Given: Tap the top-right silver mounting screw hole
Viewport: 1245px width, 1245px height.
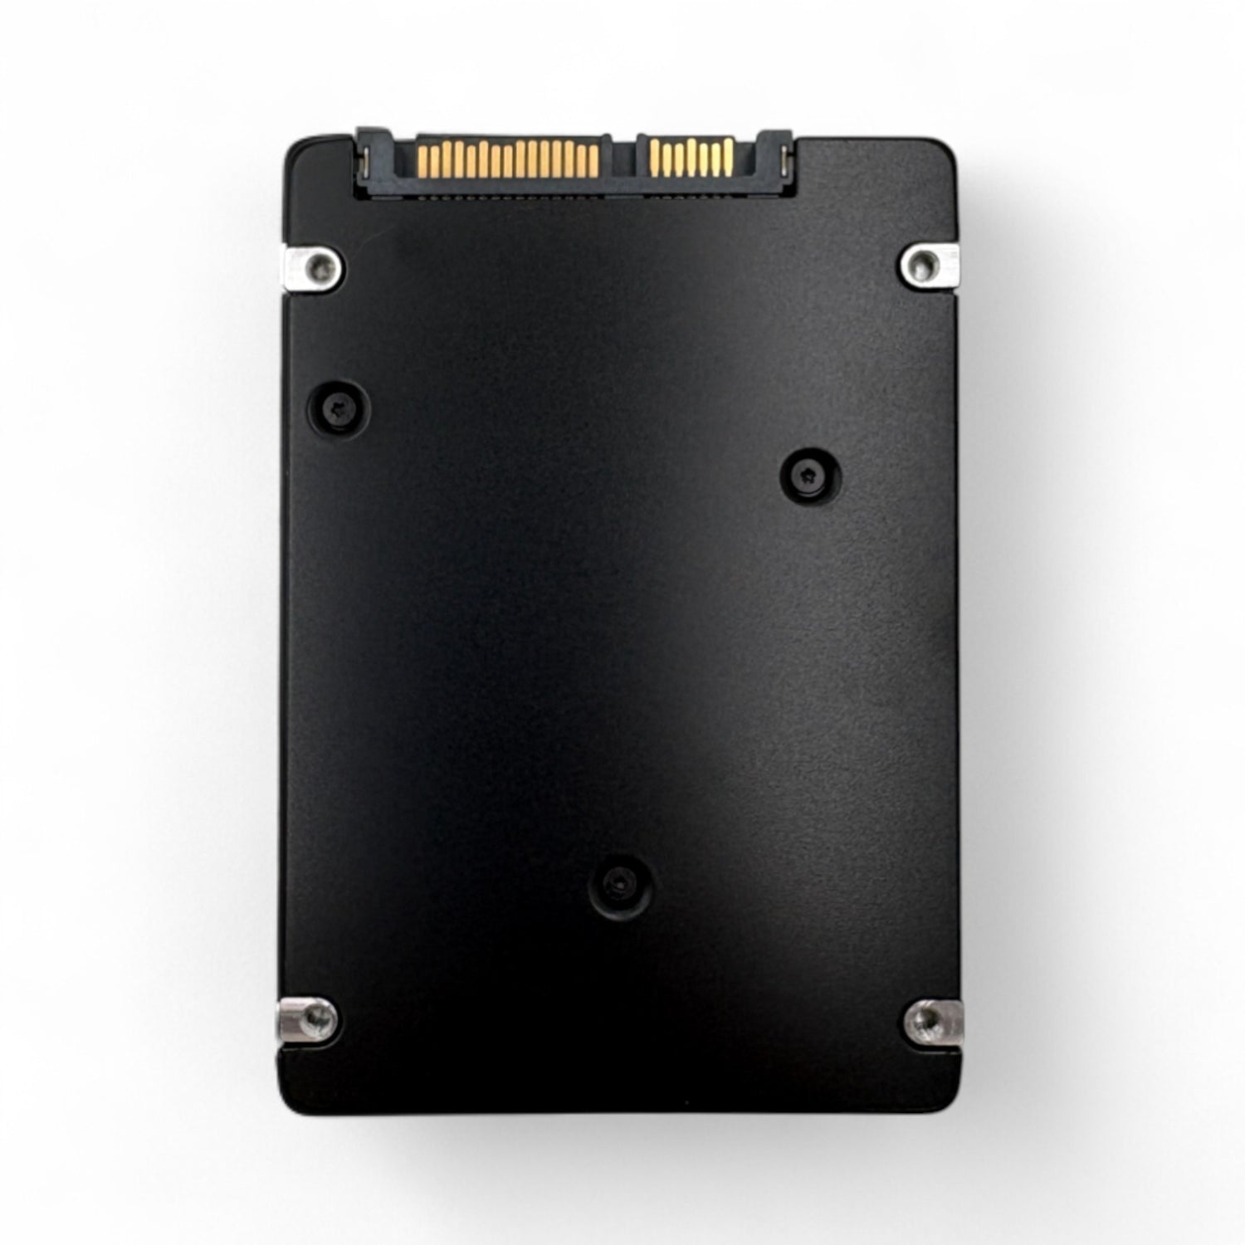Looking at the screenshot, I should pyautogui.click(x=921, y=264).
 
